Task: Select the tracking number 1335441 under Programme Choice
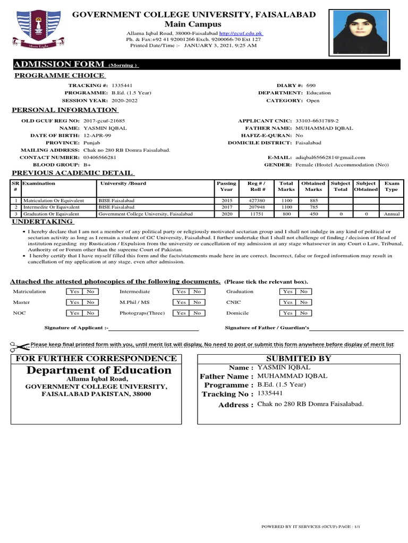[122, 85]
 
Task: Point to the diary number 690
[311, 85]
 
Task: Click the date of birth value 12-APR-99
[97, 135]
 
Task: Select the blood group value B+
[87, 165]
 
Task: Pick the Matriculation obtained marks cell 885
[313, 200]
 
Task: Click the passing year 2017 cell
[227, 207]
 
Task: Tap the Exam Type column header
[391, 186]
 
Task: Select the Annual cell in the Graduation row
[391, 214]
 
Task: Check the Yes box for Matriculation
[74, 292]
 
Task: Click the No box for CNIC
[303, 302]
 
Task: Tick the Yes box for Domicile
[287, 313]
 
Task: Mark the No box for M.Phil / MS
[197, 302]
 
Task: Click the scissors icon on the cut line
[20, 347]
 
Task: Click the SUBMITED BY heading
[298, 358]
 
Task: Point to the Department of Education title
[99, 370]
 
